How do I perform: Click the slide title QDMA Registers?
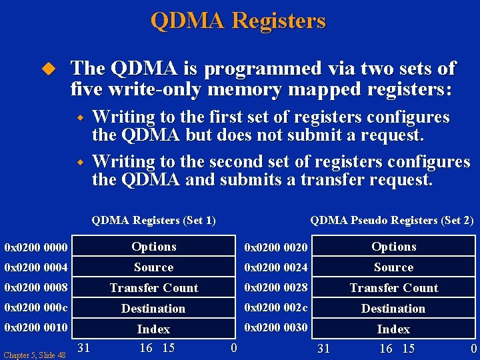pyautogui.click(x=238, y=21)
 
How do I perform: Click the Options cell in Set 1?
pyautogui.click(x=154, y=247)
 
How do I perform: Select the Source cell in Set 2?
pyautogui.click(x=393, y=267)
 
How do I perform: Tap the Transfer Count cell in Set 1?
pyautogui.click(x=154, y=288)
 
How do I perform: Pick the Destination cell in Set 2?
pyautogui.click(x=393, y=309)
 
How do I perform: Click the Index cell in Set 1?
pyautogui.click(x=154, y=329)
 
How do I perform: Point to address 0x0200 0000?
pyautogui.click(x=36, y=247)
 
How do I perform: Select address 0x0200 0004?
pyautogui.click(x=36, y=267)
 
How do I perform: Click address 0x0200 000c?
pyautogui.click(x=36, y=309)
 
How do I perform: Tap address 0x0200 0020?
pyautogui.click(x=276, y=248)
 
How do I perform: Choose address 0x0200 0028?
pyautogui.click(x=276, y=287)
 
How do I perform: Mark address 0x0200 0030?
pyautogui.click(x=276, y=327)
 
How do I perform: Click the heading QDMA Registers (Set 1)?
pyautogui.click(x=153, y=220)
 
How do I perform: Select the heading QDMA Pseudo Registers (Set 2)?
pyautogui.click(x=392, y=220)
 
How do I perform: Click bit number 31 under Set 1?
pyautogui.click(x=85, y=347)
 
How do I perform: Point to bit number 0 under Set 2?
pyautogui.click(x=473, y=349)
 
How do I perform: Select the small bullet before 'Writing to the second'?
pyautogui.click(x=79, y=162)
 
